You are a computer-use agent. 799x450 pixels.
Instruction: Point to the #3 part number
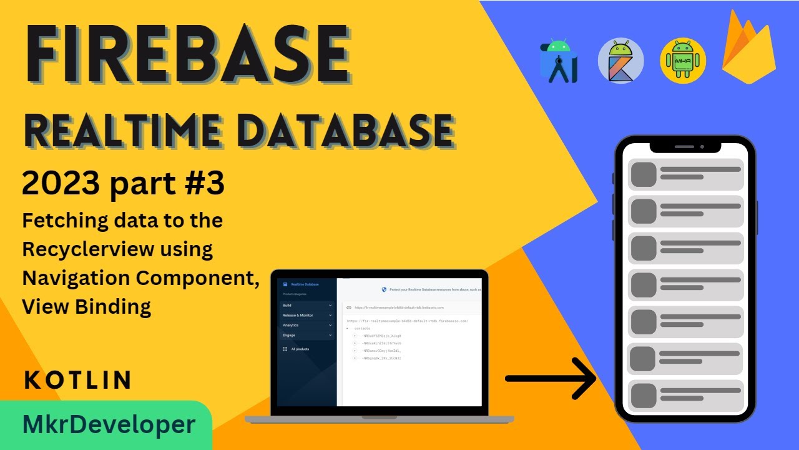(202, 184)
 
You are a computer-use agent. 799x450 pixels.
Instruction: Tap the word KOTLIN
(78, 380)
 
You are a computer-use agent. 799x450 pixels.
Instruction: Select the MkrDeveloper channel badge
(109, 425)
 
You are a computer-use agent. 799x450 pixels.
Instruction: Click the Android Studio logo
(559, 61)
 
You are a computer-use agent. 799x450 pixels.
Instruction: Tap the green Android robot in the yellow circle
(683, 61)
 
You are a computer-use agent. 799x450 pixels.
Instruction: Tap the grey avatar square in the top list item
(644, 174)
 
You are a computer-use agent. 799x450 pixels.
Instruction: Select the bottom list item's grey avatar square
(644, 396)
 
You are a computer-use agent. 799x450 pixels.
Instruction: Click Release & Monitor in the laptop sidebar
(298, 315)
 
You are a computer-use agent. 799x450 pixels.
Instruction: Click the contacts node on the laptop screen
(362, 328)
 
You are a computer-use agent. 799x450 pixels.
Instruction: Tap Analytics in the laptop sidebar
(291, 325)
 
